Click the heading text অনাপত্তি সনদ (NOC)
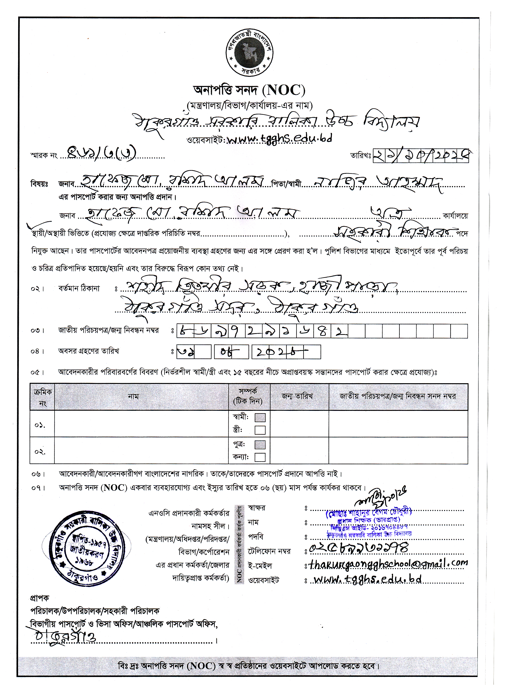249,90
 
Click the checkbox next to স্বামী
260,417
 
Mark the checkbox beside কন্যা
260,457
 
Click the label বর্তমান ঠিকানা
79,289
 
